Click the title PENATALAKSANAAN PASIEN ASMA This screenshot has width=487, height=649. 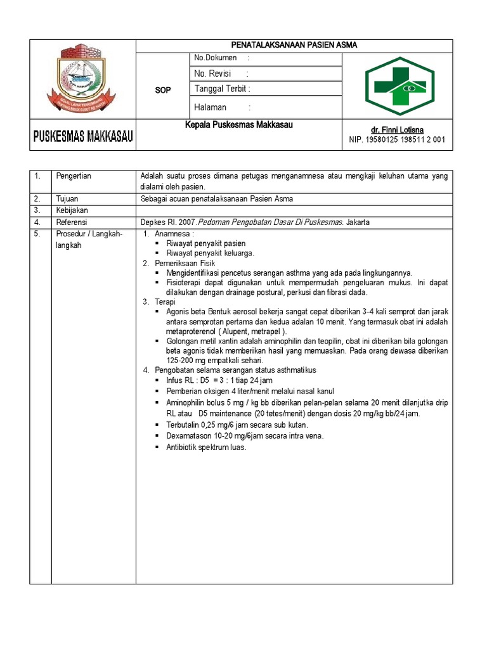294,45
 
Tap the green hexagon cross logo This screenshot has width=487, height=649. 399,86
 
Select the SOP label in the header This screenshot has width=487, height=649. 163,91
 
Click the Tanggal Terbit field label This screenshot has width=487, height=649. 223,89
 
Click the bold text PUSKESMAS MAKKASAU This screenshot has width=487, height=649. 82,136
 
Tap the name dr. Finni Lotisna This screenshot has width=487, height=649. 398,130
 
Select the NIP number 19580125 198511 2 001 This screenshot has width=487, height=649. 398,140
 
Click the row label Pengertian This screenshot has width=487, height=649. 74,176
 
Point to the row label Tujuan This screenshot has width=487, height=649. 67,199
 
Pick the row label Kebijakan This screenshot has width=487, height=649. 71,210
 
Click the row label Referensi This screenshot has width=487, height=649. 71,222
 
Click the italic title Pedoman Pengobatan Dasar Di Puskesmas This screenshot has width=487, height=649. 271,222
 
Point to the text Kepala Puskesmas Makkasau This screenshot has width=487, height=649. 240,125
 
